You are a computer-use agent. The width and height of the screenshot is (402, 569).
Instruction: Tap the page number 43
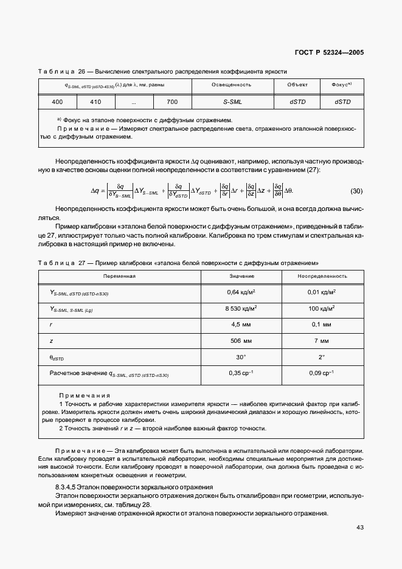(x=359, y=527)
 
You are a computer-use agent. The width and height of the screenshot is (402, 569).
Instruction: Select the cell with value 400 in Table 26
(x=57, y=102)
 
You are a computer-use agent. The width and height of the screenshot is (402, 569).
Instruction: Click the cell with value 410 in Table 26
(x=95, y=102)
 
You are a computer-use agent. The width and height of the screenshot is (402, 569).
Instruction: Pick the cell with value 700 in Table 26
(x=172, y=102)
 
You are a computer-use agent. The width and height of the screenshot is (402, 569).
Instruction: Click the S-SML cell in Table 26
(x=232, y=102)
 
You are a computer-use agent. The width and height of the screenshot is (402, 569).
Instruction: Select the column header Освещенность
(x=232, y=85)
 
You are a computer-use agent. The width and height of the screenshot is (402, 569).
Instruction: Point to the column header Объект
(x=297, y=85)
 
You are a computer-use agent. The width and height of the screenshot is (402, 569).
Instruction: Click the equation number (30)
(x=356, y=191)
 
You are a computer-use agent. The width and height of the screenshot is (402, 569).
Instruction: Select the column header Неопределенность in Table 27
(x=322, y=276)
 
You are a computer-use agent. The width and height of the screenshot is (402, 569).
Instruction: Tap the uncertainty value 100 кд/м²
(x=322, y=308)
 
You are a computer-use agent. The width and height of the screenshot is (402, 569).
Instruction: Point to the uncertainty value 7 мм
(x=322, y=341)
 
